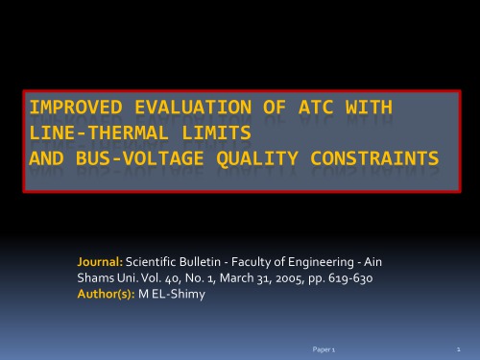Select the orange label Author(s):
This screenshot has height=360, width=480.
(107, 293)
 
